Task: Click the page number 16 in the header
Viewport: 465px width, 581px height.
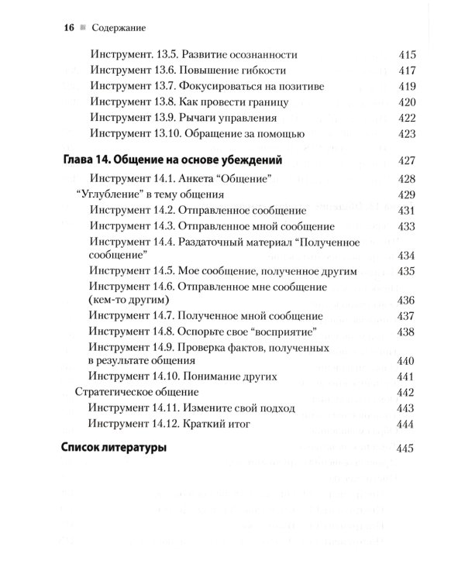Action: pyautogui.click(x=68, y=28)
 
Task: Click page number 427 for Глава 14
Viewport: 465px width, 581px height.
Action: pyautogui.click(x=407, y=161)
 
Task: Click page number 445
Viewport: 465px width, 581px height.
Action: pyautogui.click(x=407, y=449)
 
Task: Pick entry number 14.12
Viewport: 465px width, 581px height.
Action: pyautogui.click(x=177, y=424)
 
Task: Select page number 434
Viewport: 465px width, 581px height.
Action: pyautogui.click(x=407, y=256)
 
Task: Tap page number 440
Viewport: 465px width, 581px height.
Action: pyautogui.click(x=407, y=361)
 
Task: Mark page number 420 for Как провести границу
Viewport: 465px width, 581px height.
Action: pyautogui.click(x=407, y=102)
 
